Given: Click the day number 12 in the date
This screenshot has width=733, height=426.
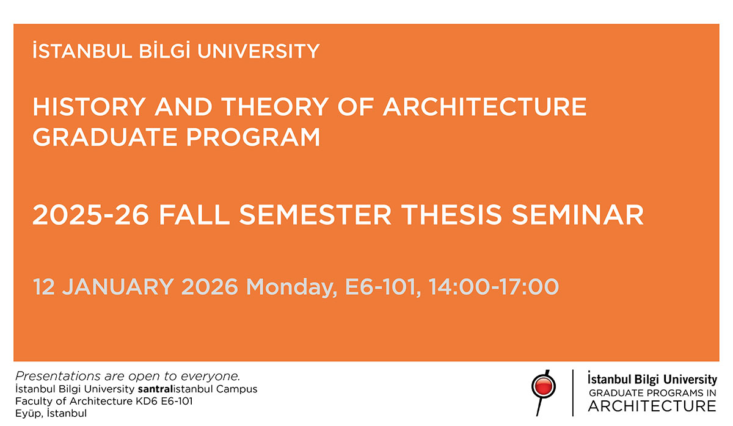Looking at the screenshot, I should point(44,286).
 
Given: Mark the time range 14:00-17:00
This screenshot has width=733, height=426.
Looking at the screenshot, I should point(494,286).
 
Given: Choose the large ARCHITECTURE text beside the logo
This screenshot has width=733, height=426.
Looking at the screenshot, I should point(652,406).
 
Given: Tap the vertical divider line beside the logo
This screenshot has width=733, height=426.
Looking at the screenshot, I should point(572,392).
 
